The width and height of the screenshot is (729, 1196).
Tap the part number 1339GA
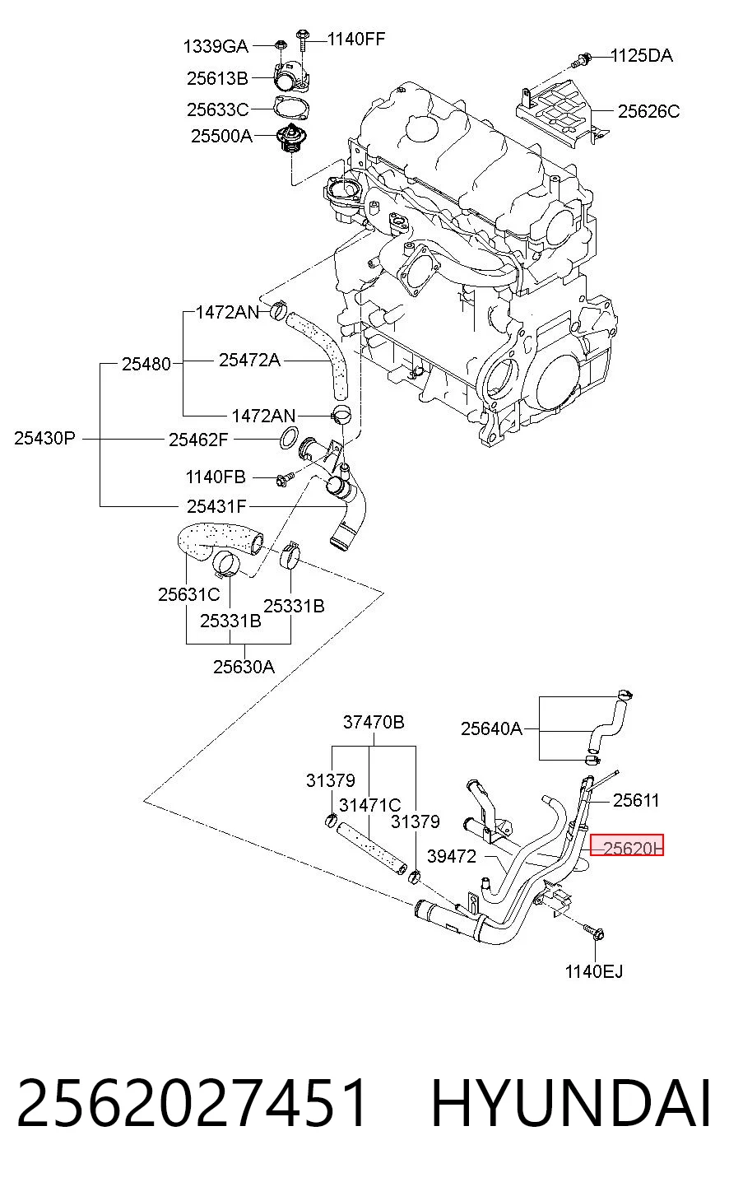[216, 47]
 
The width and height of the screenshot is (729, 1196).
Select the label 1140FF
[356, 40]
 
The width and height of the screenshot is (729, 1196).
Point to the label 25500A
[221, 136]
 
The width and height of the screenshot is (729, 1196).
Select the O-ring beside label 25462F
[288, 439]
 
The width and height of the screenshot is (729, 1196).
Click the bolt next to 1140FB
[285, 478]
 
